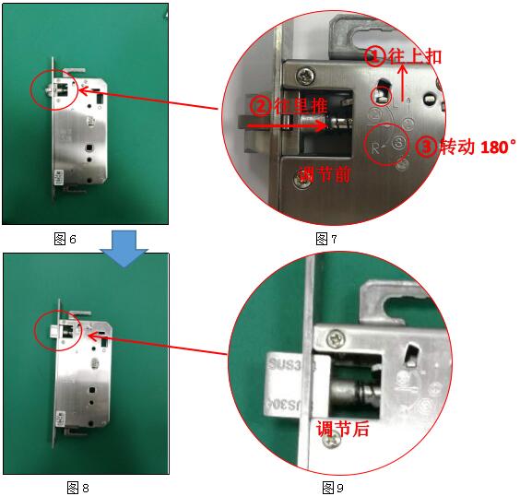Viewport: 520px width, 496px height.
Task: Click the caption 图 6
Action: (65, 239)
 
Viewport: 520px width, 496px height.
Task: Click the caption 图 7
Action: (326, 239)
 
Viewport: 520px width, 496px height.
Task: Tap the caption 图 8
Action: (78, 488)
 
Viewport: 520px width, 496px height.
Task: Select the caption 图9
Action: (333, 488)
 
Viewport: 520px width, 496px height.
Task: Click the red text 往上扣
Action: (415, 56)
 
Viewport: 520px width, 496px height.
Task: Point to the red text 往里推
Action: (301, 106)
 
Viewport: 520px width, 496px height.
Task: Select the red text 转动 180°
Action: (478, 147)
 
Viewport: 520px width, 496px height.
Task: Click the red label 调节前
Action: (325, 174)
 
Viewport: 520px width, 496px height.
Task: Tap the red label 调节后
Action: (342, 429)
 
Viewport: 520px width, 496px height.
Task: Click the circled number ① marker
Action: (375, 56)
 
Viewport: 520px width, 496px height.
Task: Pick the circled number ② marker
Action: (261, 106)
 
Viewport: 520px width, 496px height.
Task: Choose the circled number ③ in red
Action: (427, 147)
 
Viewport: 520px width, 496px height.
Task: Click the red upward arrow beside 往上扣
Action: (403, 83)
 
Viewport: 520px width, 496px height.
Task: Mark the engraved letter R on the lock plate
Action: (375, 148)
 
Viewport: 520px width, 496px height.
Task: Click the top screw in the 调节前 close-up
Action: (305, 77)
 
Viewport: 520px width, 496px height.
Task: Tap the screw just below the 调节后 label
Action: (332, 442)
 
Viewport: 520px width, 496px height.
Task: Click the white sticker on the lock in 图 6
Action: (60, 178)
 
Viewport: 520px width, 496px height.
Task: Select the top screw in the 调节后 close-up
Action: (336, 339)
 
